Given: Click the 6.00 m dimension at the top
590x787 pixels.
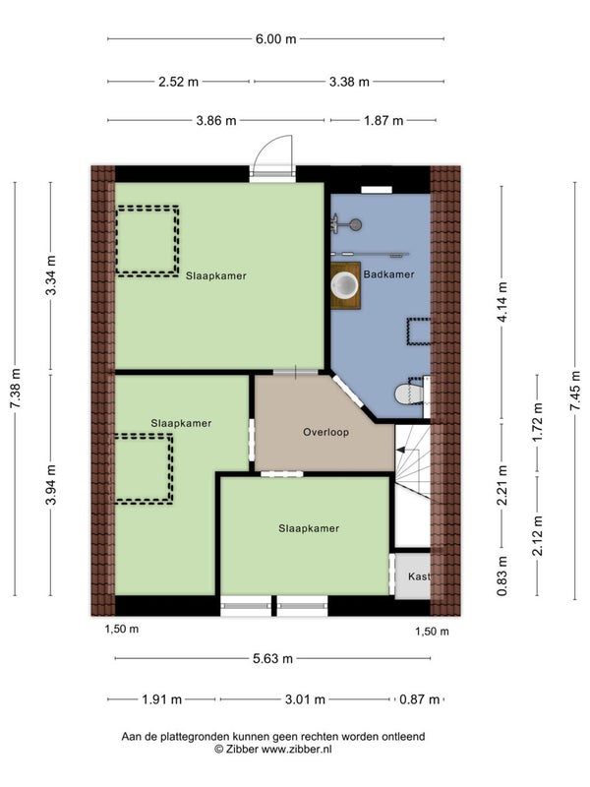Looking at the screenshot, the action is [x=276, y=39].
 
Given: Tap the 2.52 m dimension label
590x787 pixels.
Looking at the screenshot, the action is [x=179, y=82].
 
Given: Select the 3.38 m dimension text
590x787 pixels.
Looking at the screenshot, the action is [x=349, y=82].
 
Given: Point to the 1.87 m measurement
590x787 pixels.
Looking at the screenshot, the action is [x=383, y=121].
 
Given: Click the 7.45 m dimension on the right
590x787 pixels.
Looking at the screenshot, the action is [x=575, y=391].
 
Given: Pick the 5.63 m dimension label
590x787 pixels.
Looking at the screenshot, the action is [x=273, y=658].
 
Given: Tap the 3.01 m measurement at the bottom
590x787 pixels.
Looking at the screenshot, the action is [x=305, y=699].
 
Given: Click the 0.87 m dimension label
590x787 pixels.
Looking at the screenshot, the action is [x=420, y=699].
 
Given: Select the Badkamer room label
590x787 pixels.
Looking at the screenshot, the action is [x=388, y=274].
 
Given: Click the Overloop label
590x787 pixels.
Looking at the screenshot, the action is [x=325, y=432].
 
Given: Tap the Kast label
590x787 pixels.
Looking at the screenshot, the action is [x=419, y=576].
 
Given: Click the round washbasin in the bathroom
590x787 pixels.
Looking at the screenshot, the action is [x=345, y=285].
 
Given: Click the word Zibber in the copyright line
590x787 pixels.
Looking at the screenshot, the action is [x=241, y=750].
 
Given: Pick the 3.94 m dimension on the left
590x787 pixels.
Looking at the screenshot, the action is [x=51, y=485].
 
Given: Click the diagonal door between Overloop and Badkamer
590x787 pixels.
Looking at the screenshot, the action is [x=348, y=391].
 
